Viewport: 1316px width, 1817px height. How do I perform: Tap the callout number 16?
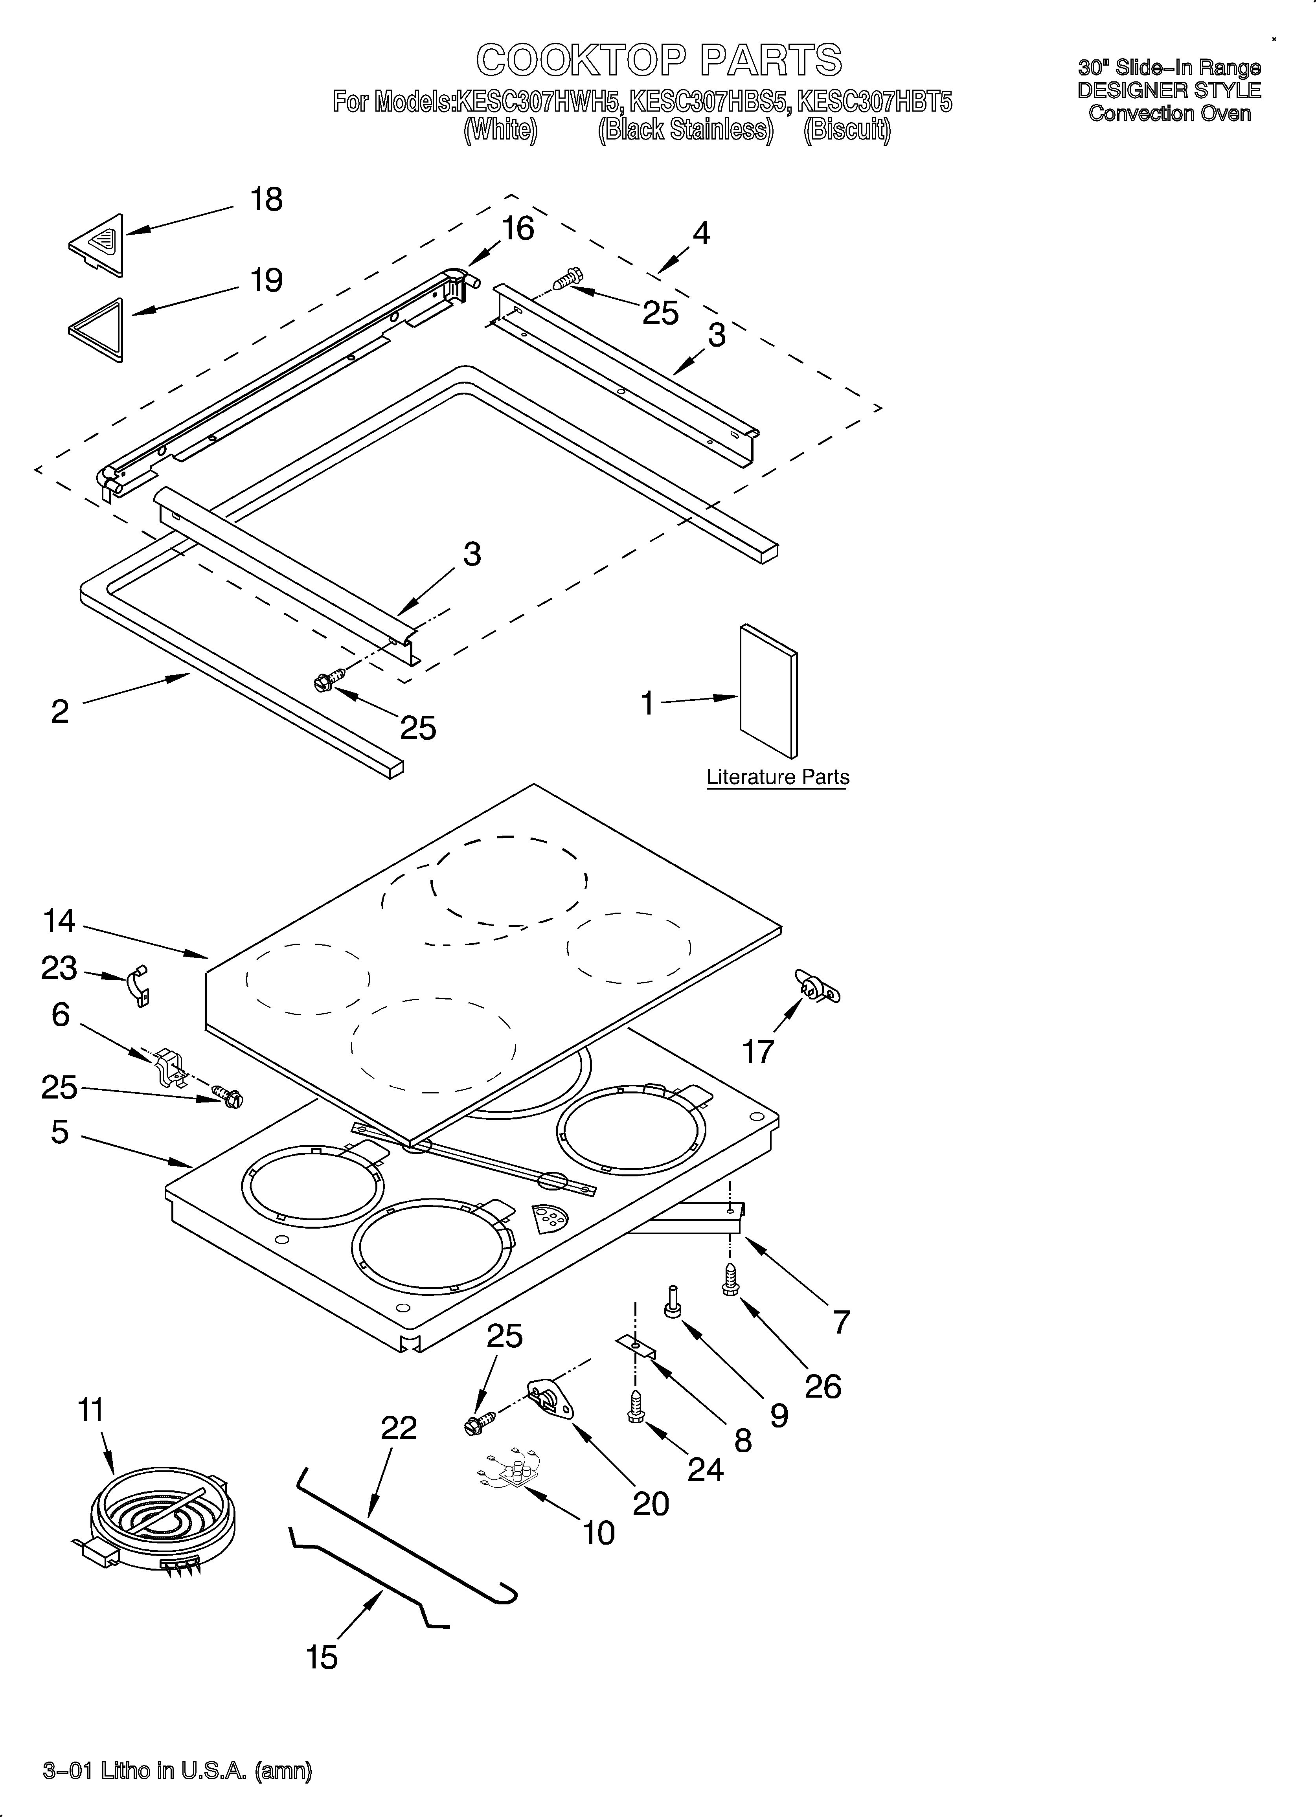[518, 229]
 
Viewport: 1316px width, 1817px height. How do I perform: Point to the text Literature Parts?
[777, 777]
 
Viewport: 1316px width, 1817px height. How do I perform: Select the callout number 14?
[59, 921]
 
